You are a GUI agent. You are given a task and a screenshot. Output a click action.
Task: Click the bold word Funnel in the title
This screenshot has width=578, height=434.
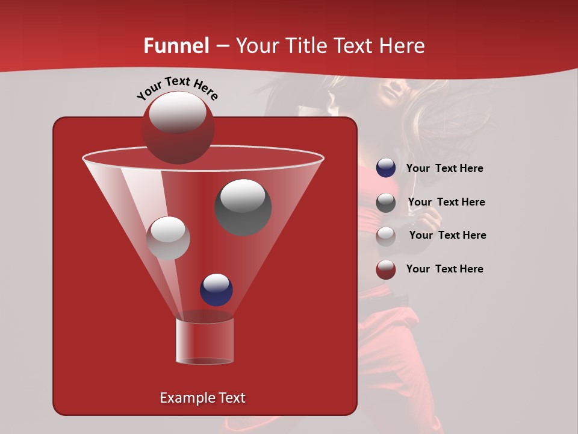coord(176,46)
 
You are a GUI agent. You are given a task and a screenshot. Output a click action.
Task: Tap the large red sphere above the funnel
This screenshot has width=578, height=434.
coord(178,127)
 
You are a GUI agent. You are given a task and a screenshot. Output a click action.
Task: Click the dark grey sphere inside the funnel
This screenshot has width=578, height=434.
coord(243,207)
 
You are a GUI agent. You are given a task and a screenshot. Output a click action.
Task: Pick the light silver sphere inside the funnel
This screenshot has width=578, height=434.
coord(168,238)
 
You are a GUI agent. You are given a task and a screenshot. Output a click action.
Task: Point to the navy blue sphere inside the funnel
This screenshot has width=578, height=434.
coord(216,289)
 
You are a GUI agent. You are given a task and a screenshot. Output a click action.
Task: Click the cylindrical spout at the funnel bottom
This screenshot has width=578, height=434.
coord(204,341)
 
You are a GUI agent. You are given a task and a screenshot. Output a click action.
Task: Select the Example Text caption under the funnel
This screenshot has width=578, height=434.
coord(202,398)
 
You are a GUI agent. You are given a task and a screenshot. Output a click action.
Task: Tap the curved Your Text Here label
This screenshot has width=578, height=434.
coord(177,87)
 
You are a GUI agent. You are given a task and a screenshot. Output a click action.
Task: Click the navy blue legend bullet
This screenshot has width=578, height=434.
coord(386,168)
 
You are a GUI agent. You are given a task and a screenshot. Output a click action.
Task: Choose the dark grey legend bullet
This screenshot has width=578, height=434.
coord(386,203)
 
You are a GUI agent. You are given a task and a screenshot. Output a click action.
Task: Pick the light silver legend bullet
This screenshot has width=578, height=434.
coord(386,236)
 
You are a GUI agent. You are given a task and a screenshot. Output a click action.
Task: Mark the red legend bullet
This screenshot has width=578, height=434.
coord(386,269)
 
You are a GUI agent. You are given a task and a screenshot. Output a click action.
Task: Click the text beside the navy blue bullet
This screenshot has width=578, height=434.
coord(444,169)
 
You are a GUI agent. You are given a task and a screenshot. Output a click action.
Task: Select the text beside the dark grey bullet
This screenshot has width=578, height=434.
coord(446,203)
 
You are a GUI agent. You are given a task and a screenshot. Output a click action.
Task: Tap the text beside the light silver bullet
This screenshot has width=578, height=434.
coord(447,236)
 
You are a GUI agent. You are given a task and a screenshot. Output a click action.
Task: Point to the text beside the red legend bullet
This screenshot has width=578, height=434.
coord(444,269)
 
